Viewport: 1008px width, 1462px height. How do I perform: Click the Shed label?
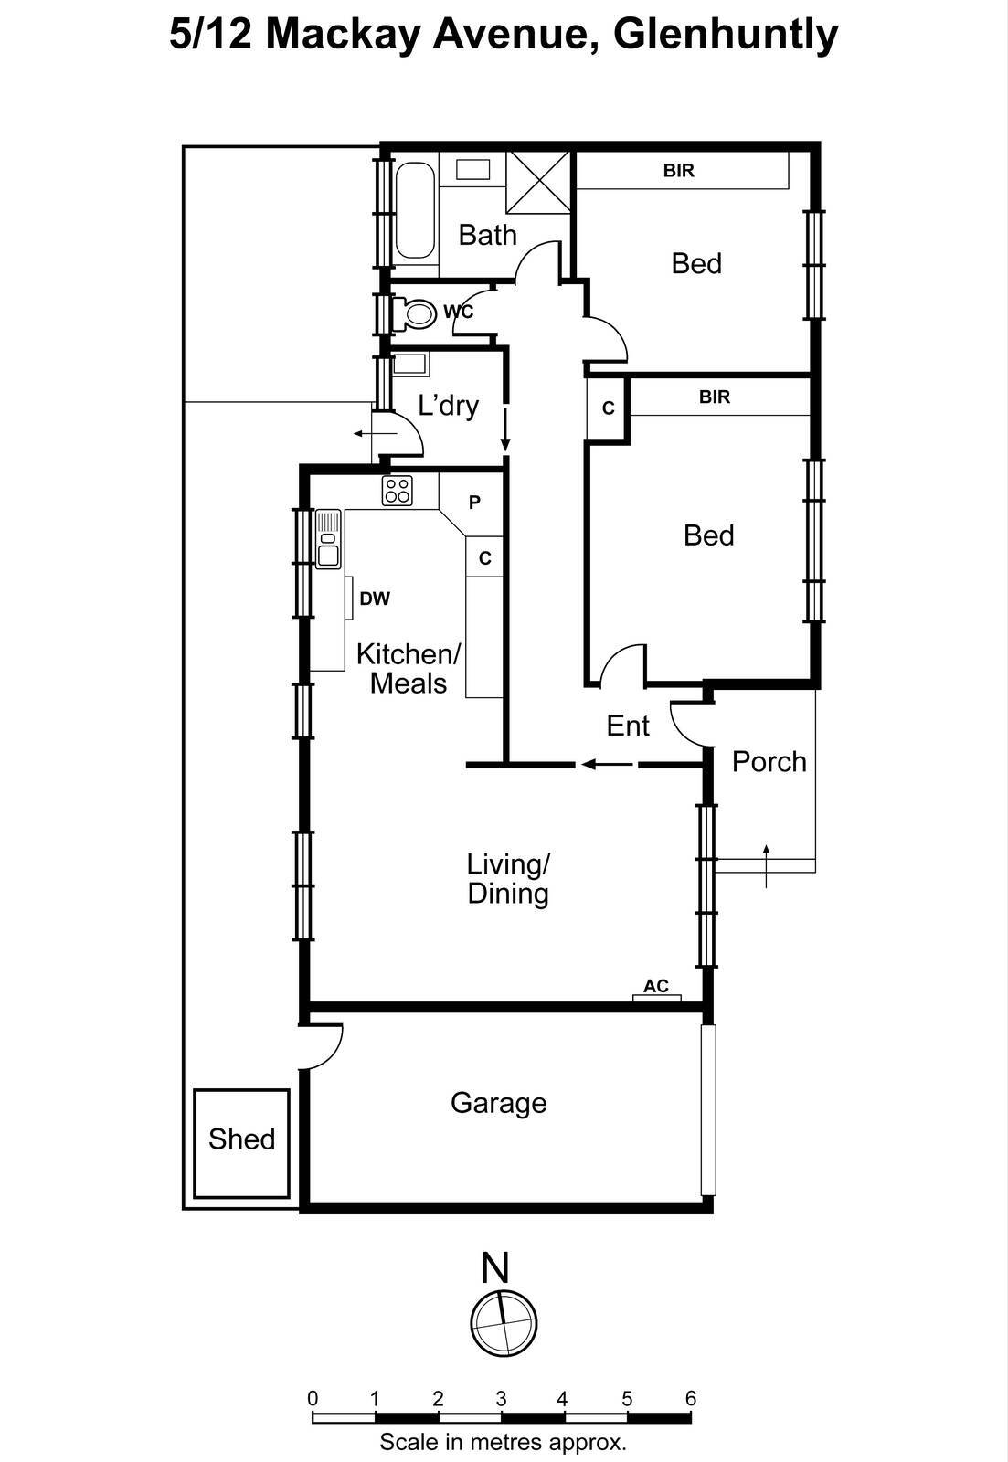click(x=241, y=1139)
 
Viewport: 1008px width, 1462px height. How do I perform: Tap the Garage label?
click(x=498, y=1103)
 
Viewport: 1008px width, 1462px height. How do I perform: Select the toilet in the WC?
click(x=418, y=313)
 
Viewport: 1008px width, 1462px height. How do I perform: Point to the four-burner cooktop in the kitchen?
click(x=397, y=491)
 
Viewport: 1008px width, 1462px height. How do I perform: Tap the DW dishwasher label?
click(x=375, y=599)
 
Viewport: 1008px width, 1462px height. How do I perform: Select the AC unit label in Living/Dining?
click(x=656, y=986)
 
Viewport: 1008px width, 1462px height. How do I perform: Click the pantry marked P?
click(x=474, y=502)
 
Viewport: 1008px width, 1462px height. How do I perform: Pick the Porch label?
click(x=769, y=761)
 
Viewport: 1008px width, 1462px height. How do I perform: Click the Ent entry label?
click(x=628, y=726)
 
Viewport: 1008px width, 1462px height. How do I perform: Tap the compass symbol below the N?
click(x=503, y=1322)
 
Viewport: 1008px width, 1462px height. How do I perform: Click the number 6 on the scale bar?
click(x=691, y=1398)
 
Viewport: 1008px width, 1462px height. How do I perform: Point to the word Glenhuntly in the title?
click(x=725, y=35)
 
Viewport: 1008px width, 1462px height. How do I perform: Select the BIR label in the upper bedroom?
click(x=679, y=170)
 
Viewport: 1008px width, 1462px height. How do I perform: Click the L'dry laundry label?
click(x=448, y=405)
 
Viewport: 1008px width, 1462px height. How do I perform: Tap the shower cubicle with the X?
click(x=538, y=182)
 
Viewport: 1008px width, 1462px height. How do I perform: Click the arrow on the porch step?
click(x=766, y=865)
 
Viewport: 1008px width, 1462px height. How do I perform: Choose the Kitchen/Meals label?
click(x=409, y=668)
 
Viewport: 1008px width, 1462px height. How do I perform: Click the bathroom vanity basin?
click(x=472, y=169)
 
